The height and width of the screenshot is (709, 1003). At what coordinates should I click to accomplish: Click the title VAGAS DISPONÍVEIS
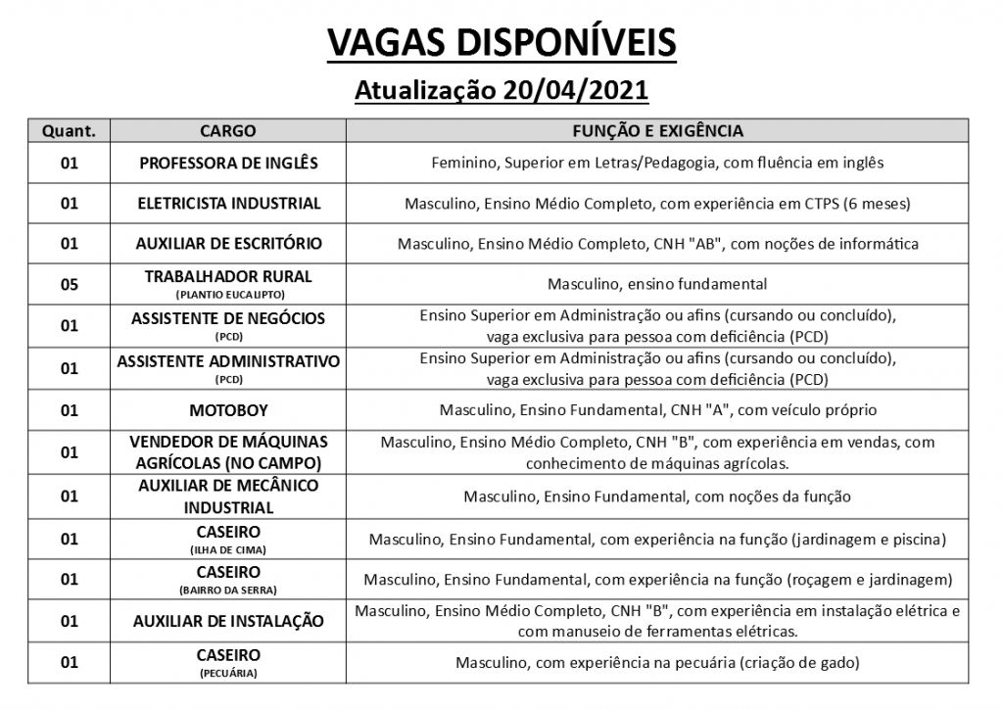pos(501,43)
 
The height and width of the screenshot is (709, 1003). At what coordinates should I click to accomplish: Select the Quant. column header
pos(69,131)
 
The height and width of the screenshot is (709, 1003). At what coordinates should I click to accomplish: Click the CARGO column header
pos(228,131)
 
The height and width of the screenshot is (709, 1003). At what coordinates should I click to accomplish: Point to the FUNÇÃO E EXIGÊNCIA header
pos(657,131)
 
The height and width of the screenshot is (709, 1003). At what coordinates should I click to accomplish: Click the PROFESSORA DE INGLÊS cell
pos(228,163)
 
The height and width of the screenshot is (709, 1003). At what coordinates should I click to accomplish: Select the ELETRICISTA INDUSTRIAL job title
pos(228,204)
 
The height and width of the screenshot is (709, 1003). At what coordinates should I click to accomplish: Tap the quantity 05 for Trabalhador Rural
pos(69,284)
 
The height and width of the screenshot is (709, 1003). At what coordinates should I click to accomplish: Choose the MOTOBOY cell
pos(228,410)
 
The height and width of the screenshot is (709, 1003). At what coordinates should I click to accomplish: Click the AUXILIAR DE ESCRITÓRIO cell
pos(228,243)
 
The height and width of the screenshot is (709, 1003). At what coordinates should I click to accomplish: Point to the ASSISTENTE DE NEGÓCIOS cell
pos(228,318)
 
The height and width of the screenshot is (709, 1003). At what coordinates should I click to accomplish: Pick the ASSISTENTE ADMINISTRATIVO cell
pos(228,361)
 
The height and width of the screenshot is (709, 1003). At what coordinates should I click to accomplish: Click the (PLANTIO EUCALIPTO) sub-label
pos(228,294)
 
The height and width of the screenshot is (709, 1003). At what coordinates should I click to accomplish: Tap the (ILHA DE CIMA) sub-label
pos(228,549)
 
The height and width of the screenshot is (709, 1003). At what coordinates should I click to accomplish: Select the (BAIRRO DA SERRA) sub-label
pos(228,590)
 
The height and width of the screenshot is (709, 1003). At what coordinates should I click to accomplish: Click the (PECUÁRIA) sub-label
pos(228,674)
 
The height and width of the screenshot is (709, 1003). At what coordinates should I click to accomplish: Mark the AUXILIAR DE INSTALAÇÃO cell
pos(228,621)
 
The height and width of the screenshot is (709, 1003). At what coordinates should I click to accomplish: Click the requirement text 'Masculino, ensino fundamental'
pos(657,284)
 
